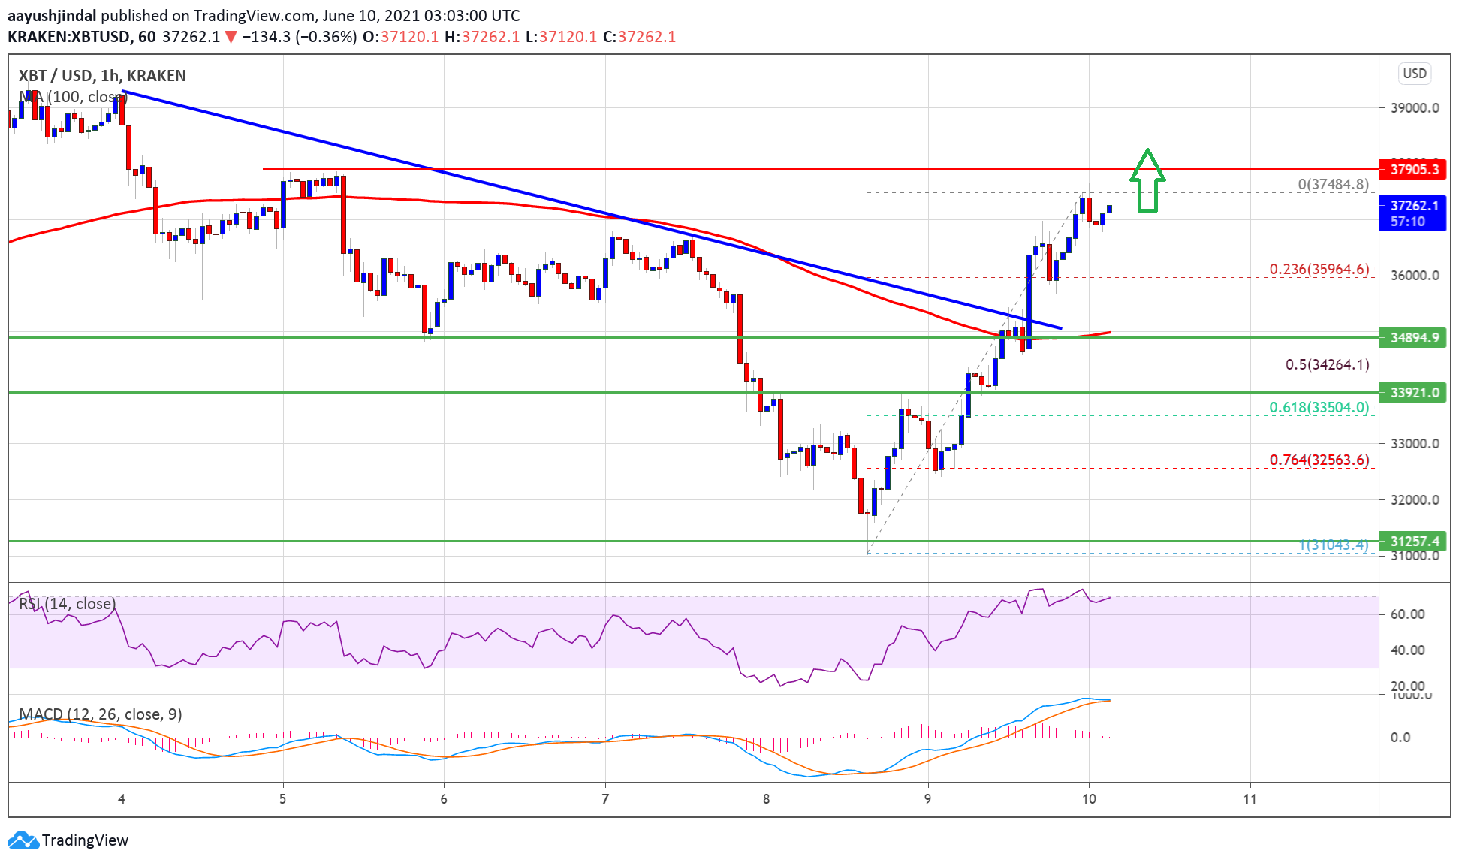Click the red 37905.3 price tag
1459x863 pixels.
(x=1412, y=169)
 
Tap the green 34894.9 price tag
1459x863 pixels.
(x=1412, y=337)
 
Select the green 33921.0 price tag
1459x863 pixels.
(x=1412, y=392)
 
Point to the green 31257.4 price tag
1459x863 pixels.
(x=1412, y=541)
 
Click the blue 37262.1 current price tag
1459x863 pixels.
(x=1412, y=213)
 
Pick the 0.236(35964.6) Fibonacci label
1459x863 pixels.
(x=1319, y=269)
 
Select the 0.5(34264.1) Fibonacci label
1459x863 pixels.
(x=1327, y=364)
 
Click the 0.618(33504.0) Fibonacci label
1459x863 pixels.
(x=1319, y=407)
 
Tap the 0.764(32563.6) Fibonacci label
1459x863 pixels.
(x=1319, y=460)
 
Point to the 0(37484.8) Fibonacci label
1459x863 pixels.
(x=1333, y=184)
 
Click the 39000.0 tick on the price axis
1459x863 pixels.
(x=1415, y=107)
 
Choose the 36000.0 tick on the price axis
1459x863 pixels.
(x=1415, y=275)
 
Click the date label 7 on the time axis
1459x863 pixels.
(x=605, y=798)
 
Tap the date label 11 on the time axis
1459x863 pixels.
(x=1249, y=798)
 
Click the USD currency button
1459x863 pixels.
(x=1415, y=74)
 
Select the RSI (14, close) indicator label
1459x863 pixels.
(x=67, y=604)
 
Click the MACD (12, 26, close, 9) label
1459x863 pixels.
(x=101, y=714)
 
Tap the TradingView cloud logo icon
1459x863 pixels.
(x=23, y=840)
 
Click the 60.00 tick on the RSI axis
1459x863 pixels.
(x=1407, y=614)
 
